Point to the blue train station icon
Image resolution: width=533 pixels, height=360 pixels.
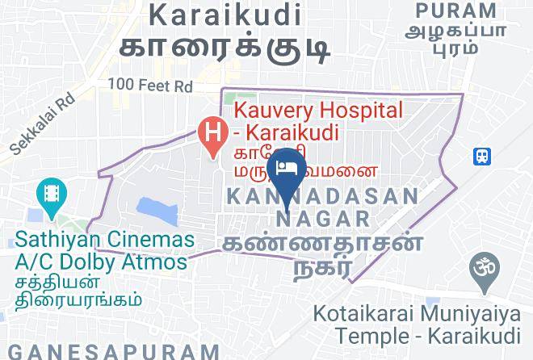point(484,155)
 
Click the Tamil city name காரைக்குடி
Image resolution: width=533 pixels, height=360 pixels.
point(225,44)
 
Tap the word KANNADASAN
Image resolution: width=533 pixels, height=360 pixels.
point(322,196)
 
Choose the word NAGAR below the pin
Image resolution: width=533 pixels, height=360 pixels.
point(323,218)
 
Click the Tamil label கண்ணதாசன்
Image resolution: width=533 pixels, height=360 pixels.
point(322,243)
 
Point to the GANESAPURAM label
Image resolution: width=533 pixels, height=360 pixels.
point(110,351)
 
